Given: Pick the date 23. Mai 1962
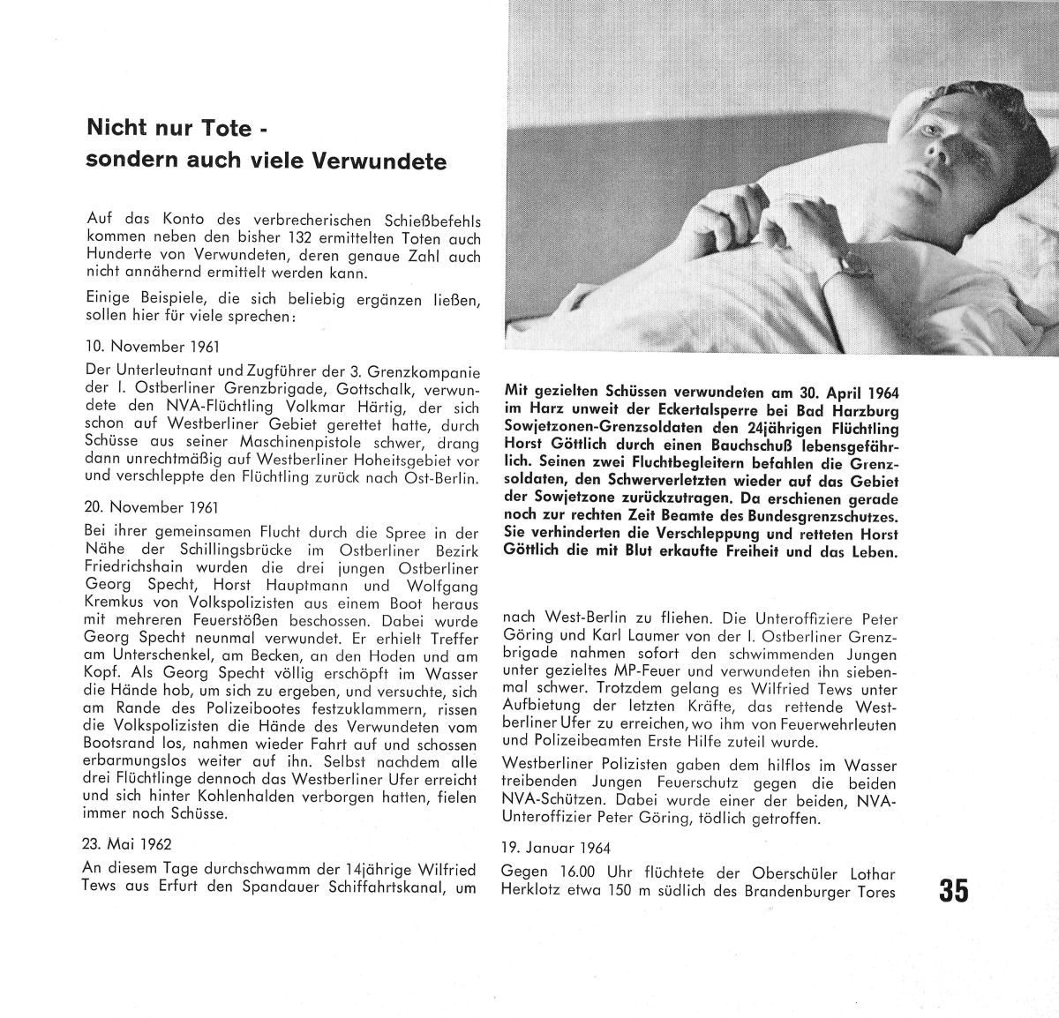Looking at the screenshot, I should coord(126,843).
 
